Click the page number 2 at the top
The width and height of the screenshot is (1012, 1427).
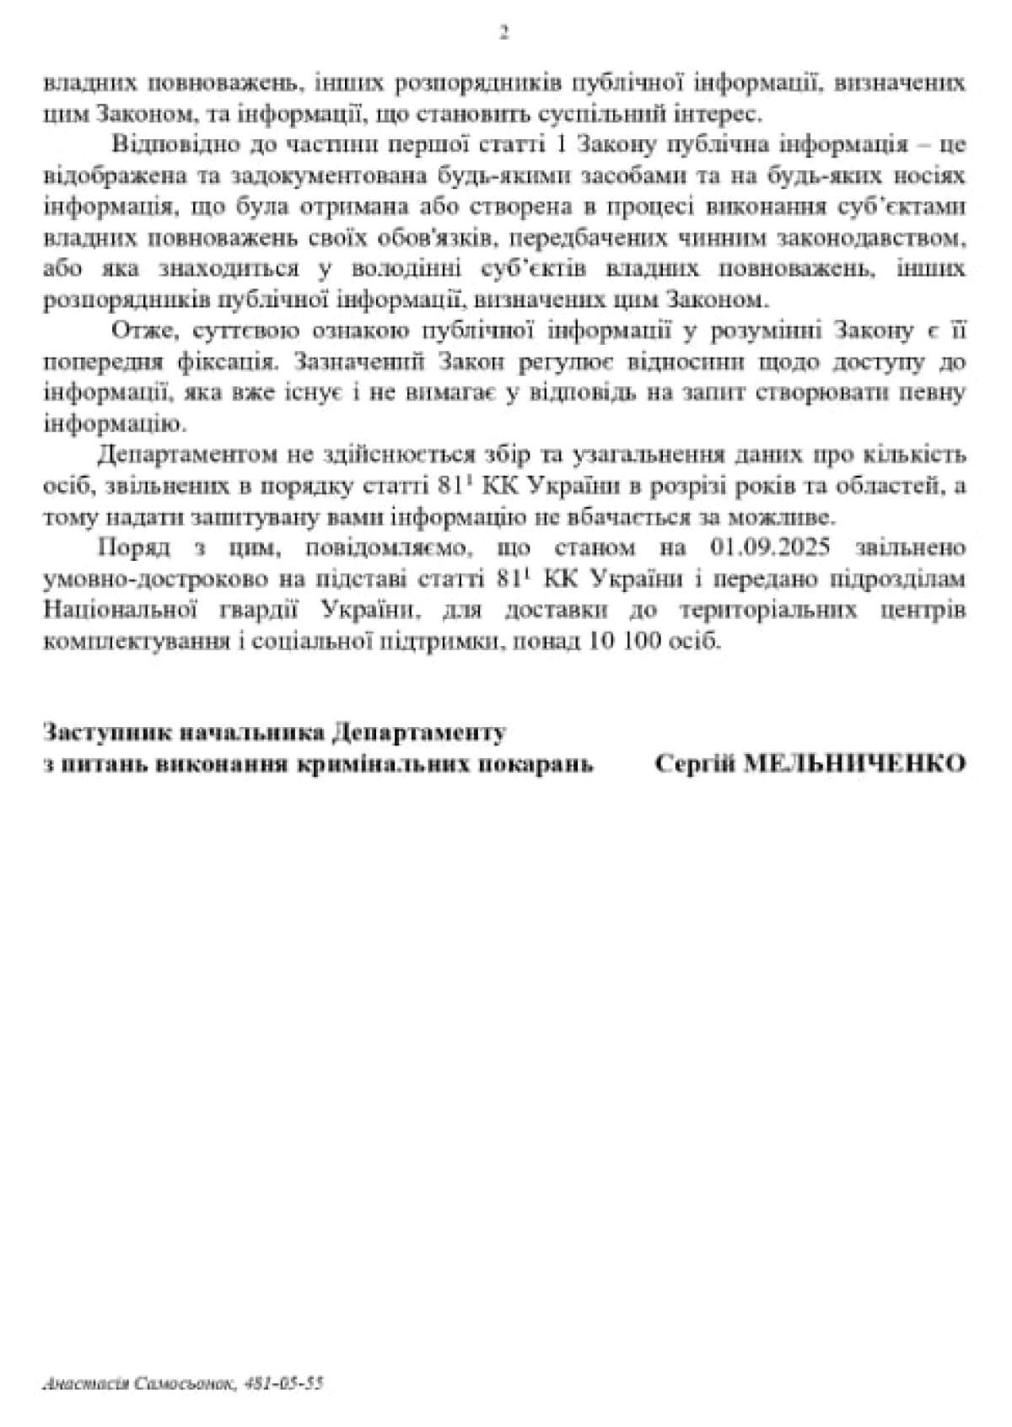coord(504,33)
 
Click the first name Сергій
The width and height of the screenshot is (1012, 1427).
coord(688,764)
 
